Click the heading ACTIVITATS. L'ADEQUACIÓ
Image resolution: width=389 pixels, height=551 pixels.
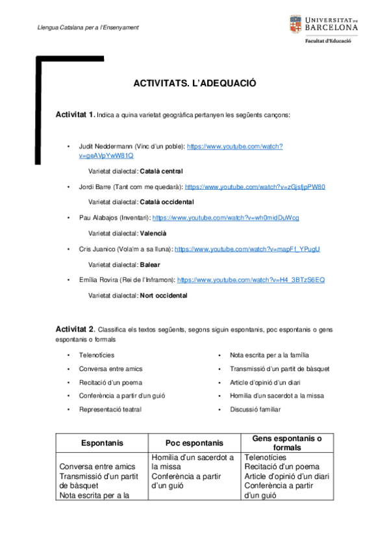[x=195, y=84]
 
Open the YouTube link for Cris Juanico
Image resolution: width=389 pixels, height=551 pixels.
[x=247, y=249]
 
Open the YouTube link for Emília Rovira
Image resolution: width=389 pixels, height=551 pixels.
[x=251, y=279]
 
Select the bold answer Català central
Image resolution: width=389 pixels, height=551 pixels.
[x=162, y=172]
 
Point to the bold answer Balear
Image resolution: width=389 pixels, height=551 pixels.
[x=150, y=264]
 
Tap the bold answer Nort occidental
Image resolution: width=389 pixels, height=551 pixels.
[x=164, y=295]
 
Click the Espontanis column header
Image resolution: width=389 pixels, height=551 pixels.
[x=102, y=442]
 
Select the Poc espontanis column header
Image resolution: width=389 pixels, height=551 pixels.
[x=194, y=442]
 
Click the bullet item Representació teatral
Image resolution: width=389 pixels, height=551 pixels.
[x=110, y=409]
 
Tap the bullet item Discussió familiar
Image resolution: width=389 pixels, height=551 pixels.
[x=255, y=409]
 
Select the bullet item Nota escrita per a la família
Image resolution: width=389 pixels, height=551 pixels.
[x=269, y=355]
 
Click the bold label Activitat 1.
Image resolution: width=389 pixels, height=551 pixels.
[x=75, y=114]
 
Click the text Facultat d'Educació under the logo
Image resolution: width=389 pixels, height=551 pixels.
[x=329, y=40]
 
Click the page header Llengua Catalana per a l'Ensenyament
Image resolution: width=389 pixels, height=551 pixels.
[x=88, y=27]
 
